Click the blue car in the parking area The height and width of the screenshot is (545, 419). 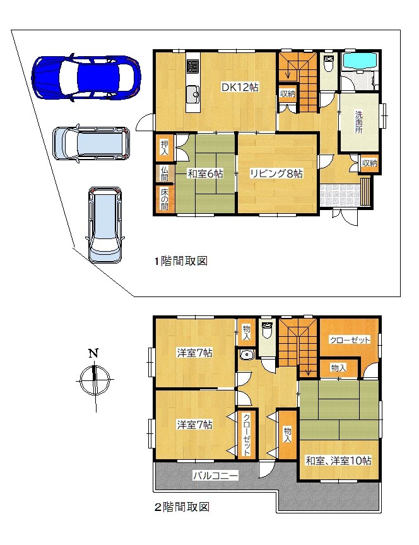[86, 78]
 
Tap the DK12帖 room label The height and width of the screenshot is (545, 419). [240, 87]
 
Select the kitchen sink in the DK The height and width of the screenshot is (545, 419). [193, 93]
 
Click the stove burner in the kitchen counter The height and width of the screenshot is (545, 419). [192, 66]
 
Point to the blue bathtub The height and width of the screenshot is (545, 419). [360, 61]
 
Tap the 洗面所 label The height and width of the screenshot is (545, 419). [359, 122]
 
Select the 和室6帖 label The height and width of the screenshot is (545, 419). [206, 173]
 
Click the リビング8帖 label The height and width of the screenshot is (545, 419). [276, 173]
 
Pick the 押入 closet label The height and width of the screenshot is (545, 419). [164, 148]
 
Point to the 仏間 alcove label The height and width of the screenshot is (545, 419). [164, 173]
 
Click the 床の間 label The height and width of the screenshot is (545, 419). [164, 199]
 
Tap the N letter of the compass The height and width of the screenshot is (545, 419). [93, 353]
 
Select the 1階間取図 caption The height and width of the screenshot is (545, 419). [181, 261]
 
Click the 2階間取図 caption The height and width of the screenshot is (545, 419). [182, 507]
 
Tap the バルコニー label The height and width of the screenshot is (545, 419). [216, 475]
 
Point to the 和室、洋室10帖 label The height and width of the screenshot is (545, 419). [338, 460]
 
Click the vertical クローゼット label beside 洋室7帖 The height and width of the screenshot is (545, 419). [246, 435]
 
